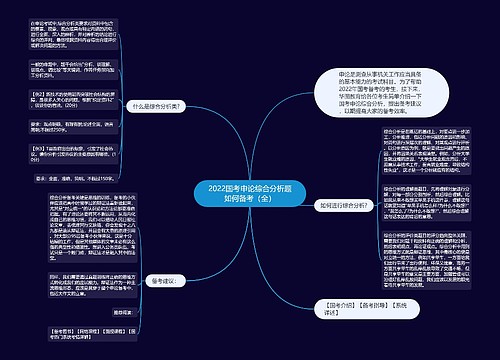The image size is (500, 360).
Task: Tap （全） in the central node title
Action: tap(256, 198)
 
